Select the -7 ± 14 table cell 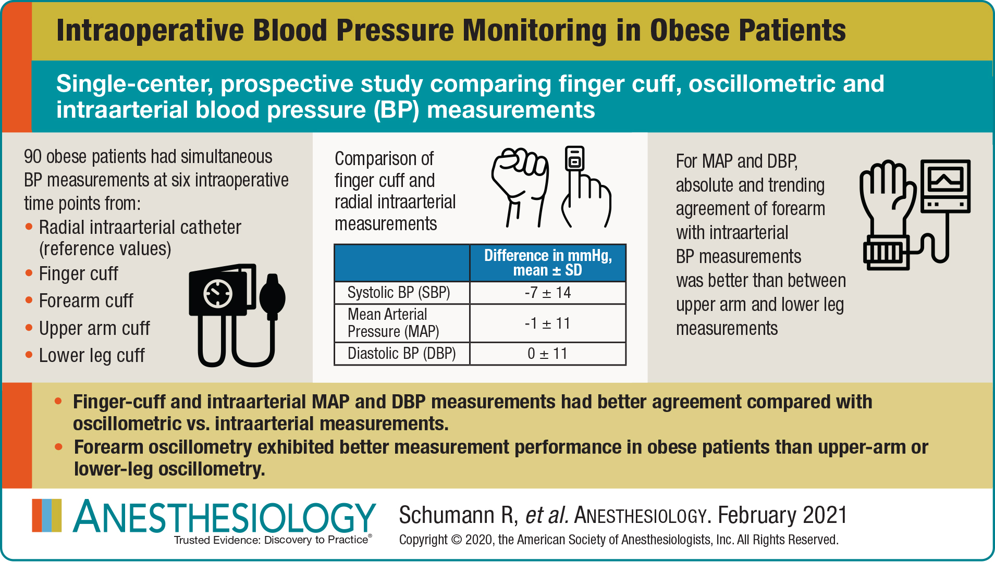pos(547,293)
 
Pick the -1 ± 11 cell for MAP pos(547,323)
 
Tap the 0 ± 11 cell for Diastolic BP pos(547,354)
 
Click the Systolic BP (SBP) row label pos(399,293)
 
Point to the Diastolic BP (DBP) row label pos(401,354)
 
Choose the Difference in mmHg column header pos(547,263)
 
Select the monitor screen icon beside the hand pos(945,185)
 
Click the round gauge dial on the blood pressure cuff pos(218,294)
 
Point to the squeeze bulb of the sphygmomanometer pos(272,297)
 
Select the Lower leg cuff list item pos(92,356)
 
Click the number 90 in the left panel pos(32,157)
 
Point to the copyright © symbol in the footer pos(457,540)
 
